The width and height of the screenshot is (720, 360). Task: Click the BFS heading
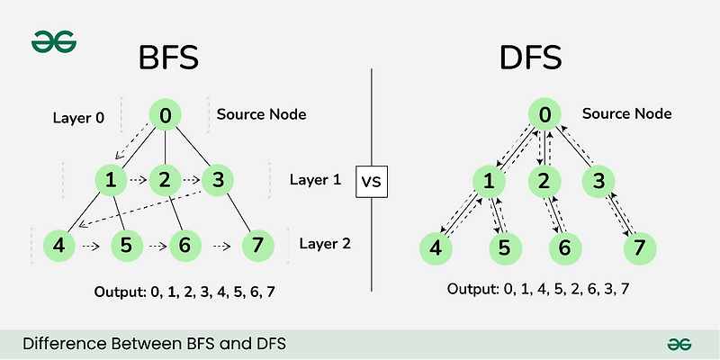[167, 60]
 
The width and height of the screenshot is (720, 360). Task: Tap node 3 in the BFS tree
[217, 180]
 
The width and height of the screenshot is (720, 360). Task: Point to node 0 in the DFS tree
[544, 115]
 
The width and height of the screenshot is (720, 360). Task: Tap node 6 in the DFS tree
[563, 247]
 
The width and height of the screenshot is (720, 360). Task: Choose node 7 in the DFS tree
[639, 247]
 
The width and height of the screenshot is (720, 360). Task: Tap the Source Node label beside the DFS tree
[626, 114]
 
